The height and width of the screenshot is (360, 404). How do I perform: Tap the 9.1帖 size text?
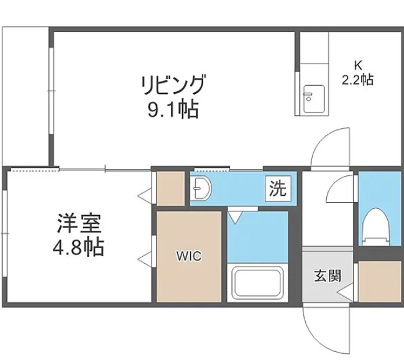click(173, 110)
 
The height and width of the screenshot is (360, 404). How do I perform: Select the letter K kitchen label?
click(357, 64)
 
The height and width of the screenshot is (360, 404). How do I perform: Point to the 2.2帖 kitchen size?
click(357, 80)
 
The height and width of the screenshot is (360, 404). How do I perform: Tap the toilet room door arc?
click(341, 189)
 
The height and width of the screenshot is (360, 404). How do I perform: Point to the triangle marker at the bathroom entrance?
click(236, 218)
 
